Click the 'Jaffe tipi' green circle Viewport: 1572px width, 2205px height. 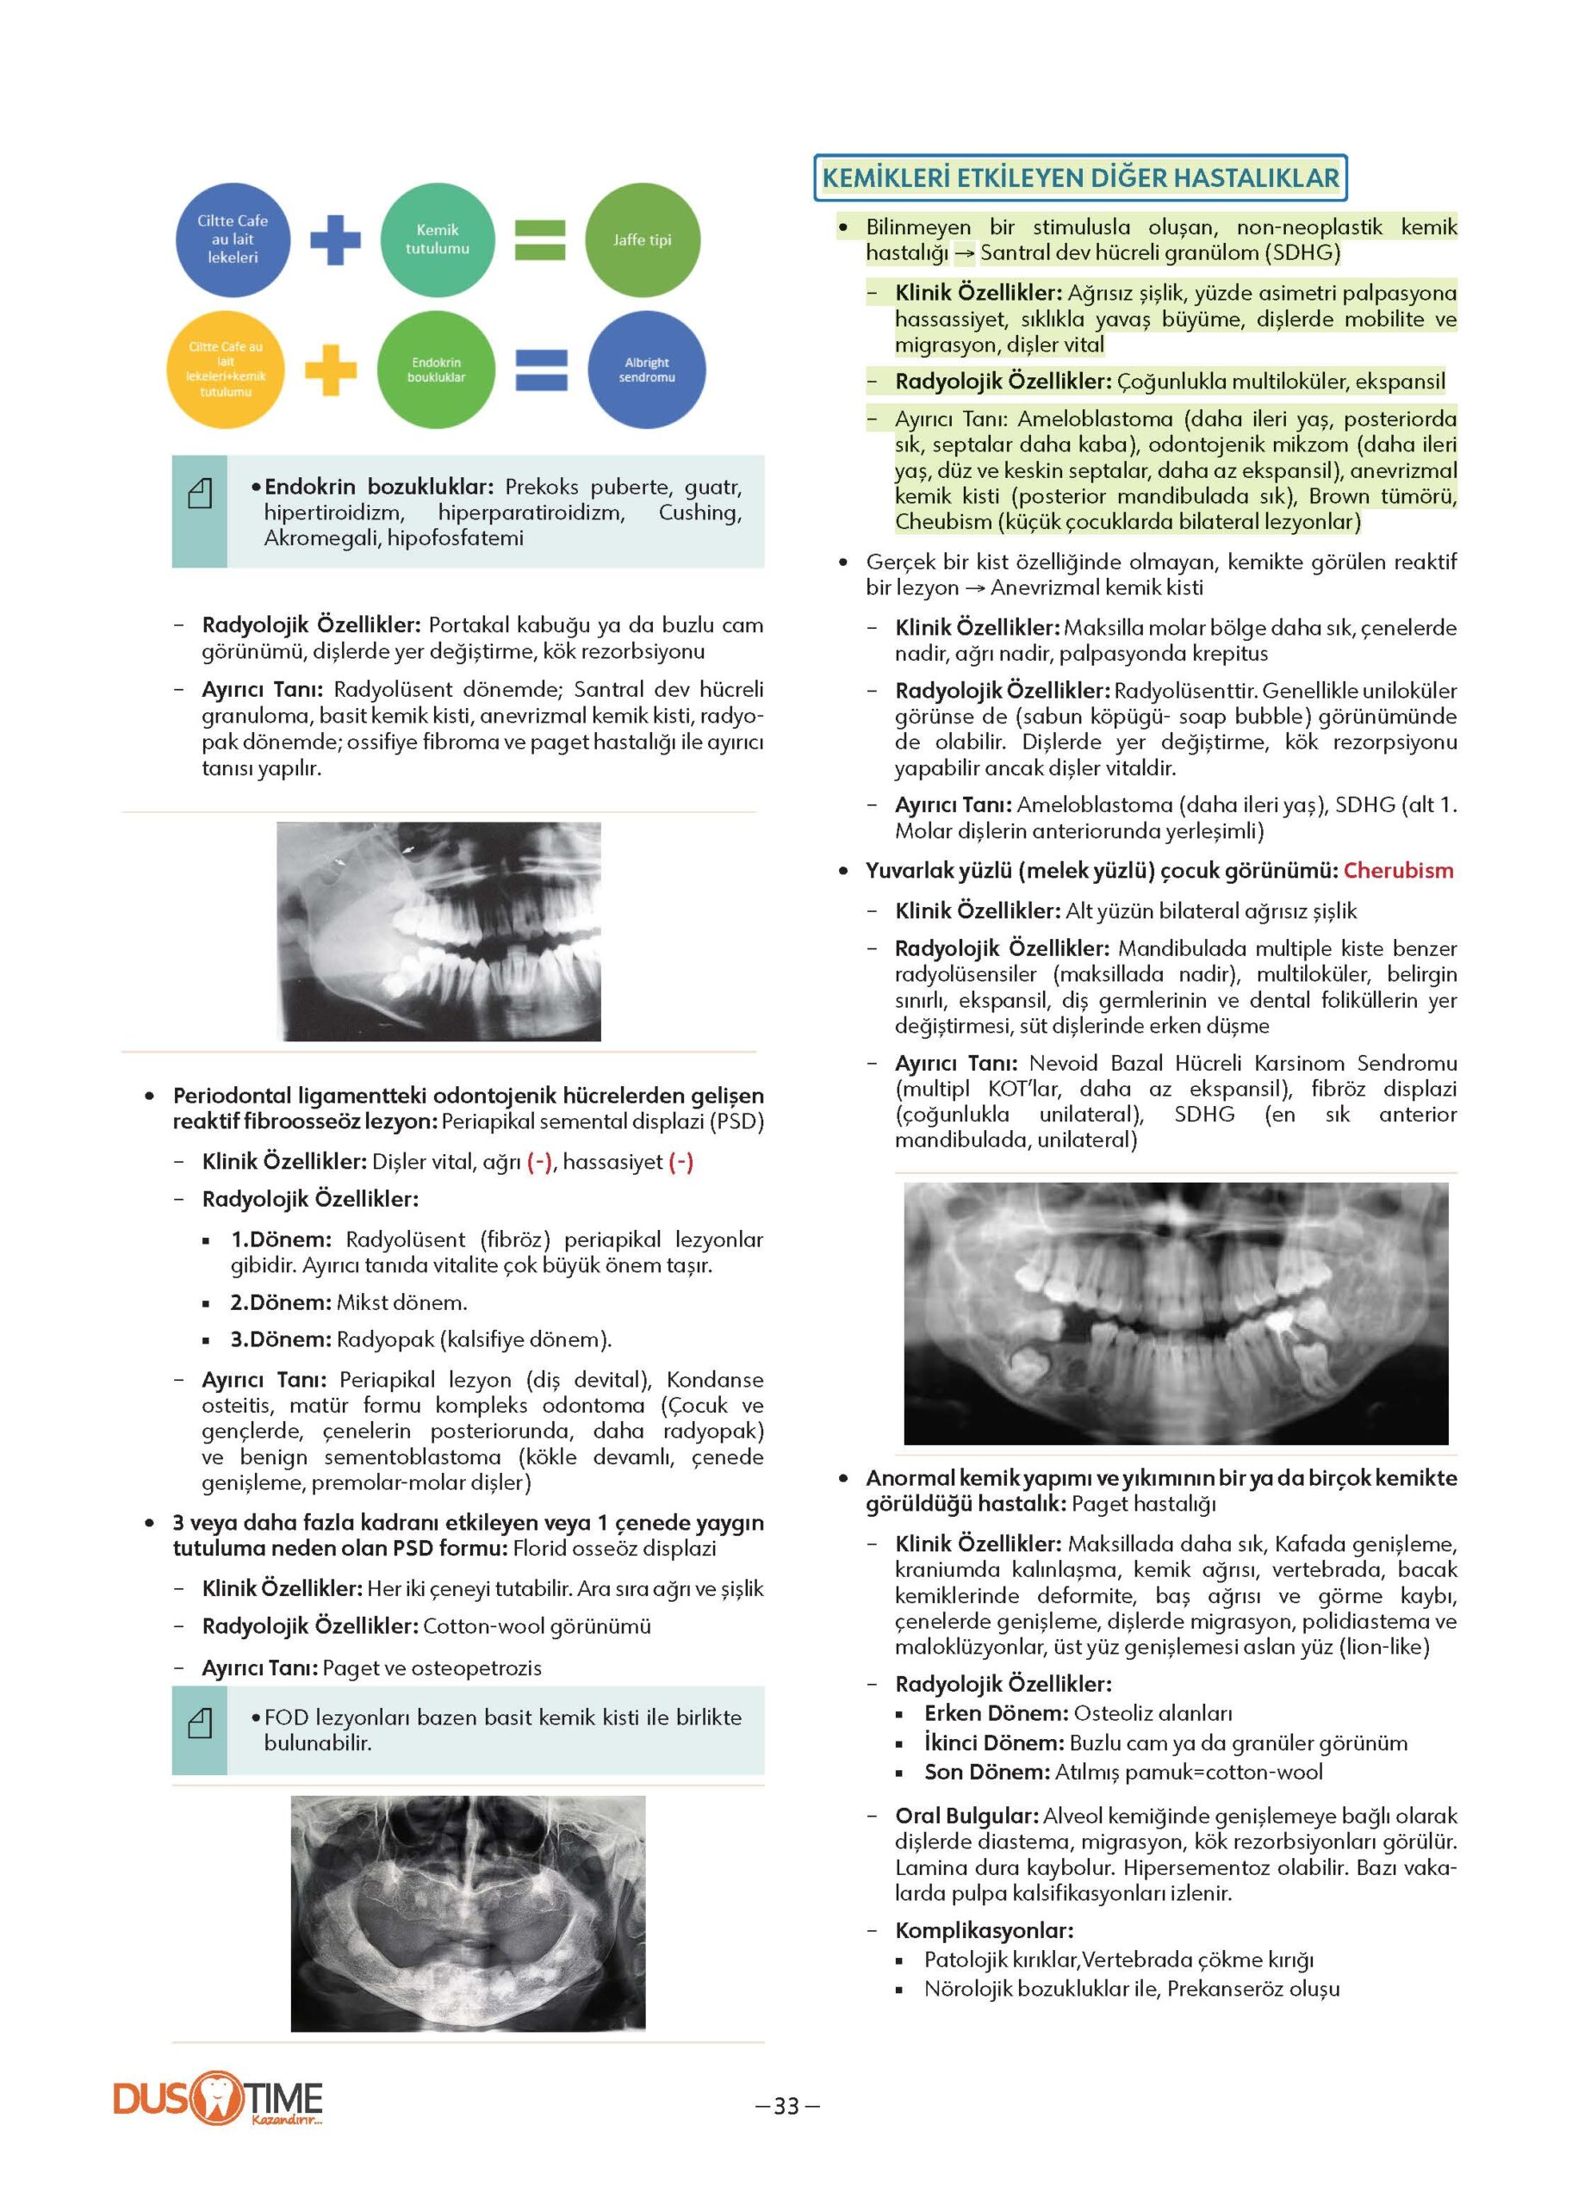(642, 240)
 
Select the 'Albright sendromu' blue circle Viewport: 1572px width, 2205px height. (646, 370)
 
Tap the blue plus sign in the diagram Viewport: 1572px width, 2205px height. (335, 239)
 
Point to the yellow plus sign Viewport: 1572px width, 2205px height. (331, 370)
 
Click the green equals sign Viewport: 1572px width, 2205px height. (539, 240)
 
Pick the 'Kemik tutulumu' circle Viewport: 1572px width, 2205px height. (438, 240)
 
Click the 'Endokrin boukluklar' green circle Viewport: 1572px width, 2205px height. (436, 370)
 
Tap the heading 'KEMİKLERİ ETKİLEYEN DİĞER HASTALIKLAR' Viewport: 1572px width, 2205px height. (1079, 178)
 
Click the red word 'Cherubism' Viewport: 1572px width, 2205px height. (1398, 870)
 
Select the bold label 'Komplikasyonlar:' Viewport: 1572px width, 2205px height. (984, 1930)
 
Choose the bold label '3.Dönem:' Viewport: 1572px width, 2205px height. (281, 1339)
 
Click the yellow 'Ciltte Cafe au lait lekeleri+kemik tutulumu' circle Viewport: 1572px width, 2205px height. (226, 370)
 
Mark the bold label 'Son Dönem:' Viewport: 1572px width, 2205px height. (986, 1772)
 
